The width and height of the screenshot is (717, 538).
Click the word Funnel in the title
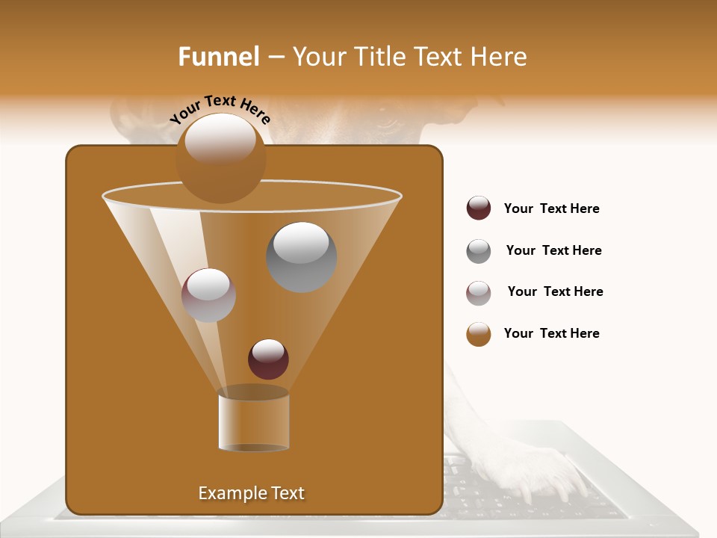tap(219, 56)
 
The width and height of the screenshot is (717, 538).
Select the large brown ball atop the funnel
tap(220, 158)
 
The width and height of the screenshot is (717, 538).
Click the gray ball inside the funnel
tap(302, 257)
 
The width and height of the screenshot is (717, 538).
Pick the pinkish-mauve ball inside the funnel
tap(208, 295)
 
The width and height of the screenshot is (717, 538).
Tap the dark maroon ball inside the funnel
tap(268, 359)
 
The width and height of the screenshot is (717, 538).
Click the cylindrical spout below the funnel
tap(254, 420)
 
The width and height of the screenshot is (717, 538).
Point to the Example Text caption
tap(252, 493)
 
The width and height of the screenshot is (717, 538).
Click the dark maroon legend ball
tap(479, 208)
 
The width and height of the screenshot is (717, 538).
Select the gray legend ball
tap(479, 251)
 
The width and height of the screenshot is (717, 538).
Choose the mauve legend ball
tap(479, 293)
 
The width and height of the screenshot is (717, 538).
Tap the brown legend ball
tap(479, 334)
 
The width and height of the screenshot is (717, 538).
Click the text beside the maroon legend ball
tap(551, 208)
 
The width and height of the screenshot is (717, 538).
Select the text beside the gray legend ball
tap(553, 250)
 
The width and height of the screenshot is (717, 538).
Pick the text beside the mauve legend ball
tap(555, 291)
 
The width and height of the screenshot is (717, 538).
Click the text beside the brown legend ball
tap(551, 333)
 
